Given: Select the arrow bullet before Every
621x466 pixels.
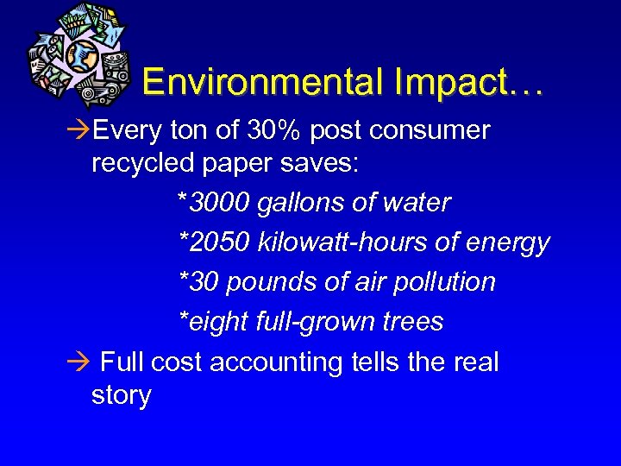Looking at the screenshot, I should coord(78,131).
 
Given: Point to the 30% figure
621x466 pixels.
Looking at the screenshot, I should coord(271,130).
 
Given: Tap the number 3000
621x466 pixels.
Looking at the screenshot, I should coord(221,203).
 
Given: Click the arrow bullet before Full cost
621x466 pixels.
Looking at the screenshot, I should coord(78,362).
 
